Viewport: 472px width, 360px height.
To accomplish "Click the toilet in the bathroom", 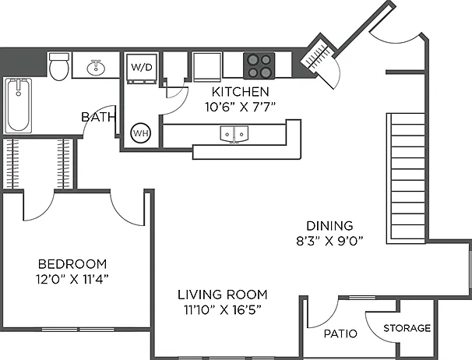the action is click(59, 66).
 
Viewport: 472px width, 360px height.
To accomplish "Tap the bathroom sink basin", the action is click(96, 68).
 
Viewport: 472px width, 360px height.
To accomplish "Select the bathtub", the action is click(19, 105).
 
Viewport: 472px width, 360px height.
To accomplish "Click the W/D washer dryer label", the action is click(142, 67).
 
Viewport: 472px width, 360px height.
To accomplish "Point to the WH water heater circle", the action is click(140, 132).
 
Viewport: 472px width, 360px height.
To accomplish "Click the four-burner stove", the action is click(259, 65).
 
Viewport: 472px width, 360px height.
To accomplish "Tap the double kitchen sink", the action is click(234, 134).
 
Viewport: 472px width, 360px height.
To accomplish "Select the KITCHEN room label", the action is click(240, 92).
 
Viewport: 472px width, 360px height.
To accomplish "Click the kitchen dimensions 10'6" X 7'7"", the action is click(240, 107).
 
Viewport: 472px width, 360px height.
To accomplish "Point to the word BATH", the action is click(99, 117).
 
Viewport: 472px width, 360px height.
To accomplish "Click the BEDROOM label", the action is click(72, 264).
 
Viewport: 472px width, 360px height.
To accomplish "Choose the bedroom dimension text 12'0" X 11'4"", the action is click(72, 279).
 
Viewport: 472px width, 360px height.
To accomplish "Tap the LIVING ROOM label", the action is click(223, 295).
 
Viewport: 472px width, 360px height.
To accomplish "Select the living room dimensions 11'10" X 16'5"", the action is click(223, 309).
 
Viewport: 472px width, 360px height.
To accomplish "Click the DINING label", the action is click(329, 226).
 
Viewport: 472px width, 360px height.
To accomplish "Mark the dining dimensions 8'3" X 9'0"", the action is click(329, 241).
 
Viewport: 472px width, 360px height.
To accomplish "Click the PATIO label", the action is click(340, 334).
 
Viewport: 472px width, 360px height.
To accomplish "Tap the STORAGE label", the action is click(407, 328).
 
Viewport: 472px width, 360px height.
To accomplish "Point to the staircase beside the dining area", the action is click(406, 178).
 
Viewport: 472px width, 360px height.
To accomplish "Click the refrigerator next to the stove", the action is click(207, 67).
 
